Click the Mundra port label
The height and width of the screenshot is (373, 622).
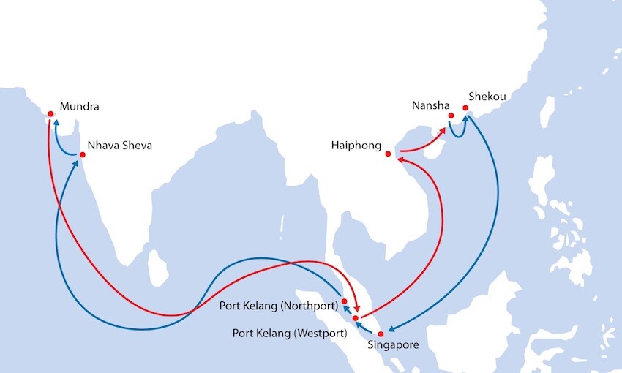coord(80,107)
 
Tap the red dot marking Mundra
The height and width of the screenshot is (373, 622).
coord(50,113)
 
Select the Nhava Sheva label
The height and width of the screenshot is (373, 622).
coord(119,145)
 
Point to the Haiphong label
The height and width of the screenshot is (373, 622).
coord(356,146)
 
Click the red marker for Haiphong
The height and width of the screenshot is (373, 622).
coord(389,154)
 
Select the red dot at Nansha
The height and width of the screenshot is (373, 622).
coord(451,116)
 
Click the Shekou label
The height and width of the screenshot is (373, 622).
coord(487,97)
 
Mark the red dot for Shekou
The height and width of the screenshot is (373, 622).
coord(465,109)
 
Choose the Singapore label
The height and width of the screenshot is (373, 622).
coord(393,345)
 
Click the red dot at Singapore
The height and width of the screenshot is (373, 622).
coord(381,334)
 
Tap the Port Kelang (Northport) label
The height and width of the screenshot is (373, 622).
coord(279,305)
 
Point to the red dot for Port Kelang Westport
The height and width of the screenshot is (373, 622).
coord(355,318)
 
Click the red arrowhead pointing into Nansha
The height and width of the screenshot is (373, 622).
coord(443,132)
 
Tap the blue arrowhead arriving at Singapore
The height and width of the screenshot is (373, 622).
coord(389,331)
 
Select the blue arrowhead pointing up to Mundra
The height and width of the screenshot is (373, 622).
coord(55,125)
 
